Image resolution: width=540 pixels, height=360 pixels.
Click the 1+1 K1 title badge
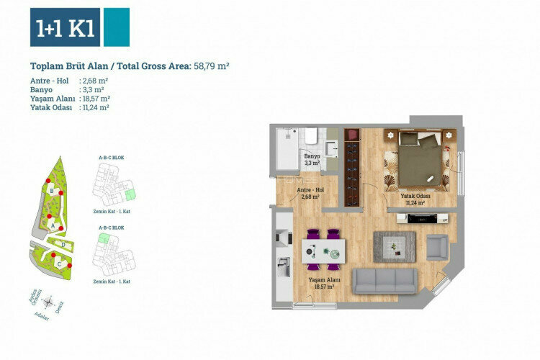click(66, 27)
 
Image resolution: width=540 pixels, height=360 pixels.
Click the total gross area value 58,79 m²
click(211, 66)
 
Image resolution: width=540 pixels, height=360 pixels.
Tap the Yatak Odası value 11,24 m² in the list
click(95, 107)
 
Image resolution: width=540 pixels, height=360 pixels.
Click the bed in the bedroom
click(420, 163)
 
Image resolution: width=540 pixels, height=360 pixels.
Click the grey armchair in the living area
click(437, 247)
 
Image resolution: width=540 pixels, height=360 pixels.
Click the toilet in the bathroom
click(311, 136)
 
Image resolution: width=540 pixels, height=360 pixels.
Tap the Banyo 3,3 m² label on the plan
click(311, 159)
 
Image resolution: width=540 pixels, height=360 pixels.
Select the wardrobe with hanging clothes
click(351, 165)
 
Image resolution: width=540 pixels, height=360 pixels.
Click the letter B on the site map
click(53, 191)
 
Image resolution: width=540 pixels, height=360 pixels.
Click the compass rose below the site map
click(48, 303)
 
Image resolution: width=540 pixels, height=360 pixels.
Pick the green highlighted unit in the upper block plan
click(130, 194)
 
